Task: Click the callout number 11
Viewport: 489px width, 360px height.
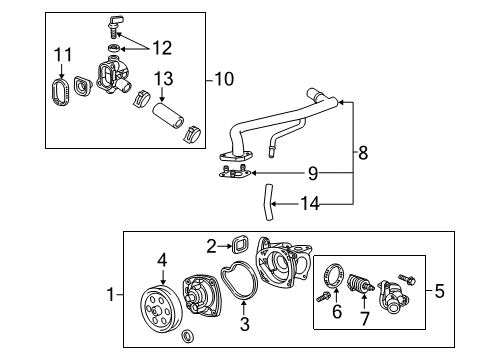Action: click(x=63, y=53)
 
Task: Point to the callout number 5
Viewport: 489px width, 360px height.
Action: click(x=441, y=293)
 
